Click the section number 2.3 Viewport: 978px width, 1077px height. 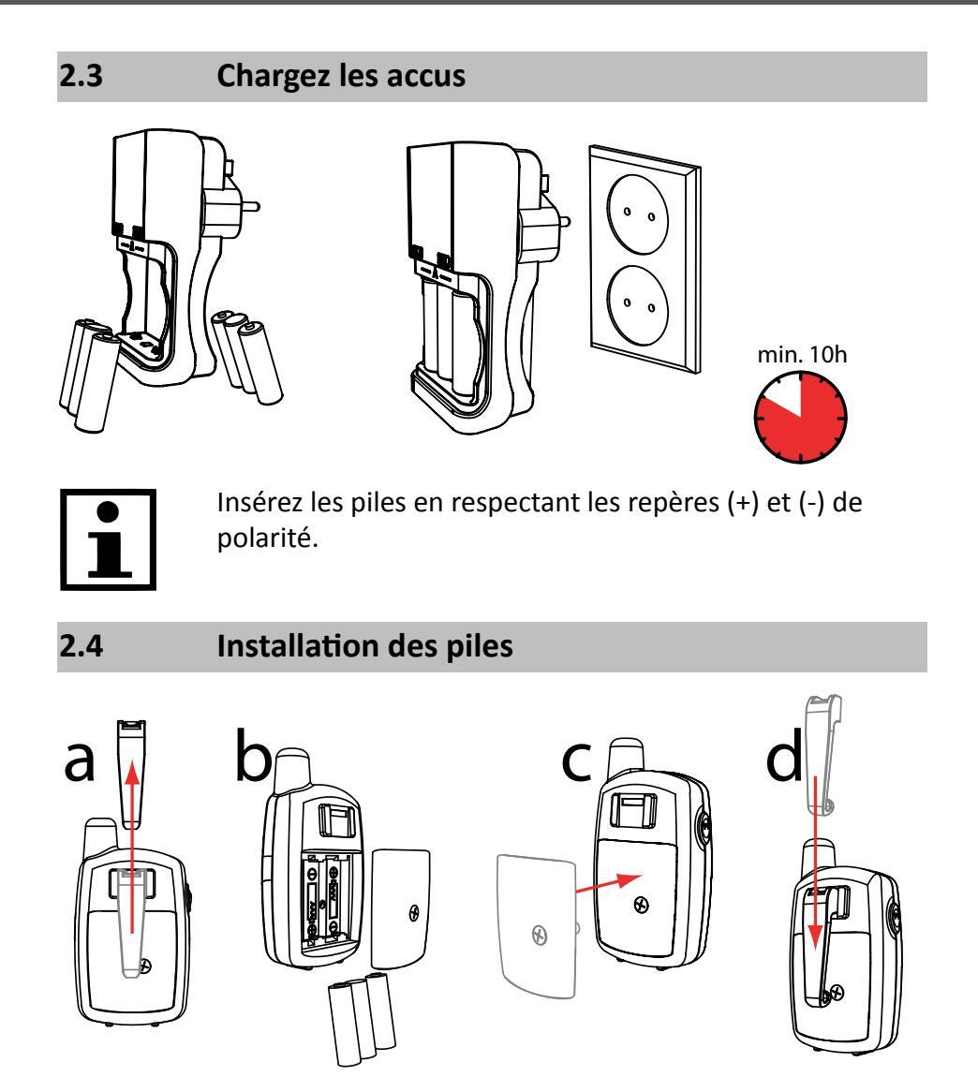(81, 76)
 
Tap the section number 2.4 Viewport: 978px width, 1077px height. (81, 646)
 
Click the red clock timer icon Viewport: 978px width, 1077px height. (801, 417)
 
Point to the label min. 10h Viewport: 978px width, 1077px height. (802, 354)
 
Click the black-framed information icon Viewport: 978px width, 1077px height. (108, 539)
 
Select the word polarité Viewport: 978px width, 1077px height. (268, 538)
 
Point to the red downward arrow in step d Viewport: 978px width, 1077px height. (815, 863)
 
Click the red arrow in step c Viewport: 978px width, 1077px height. (608, 883)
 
